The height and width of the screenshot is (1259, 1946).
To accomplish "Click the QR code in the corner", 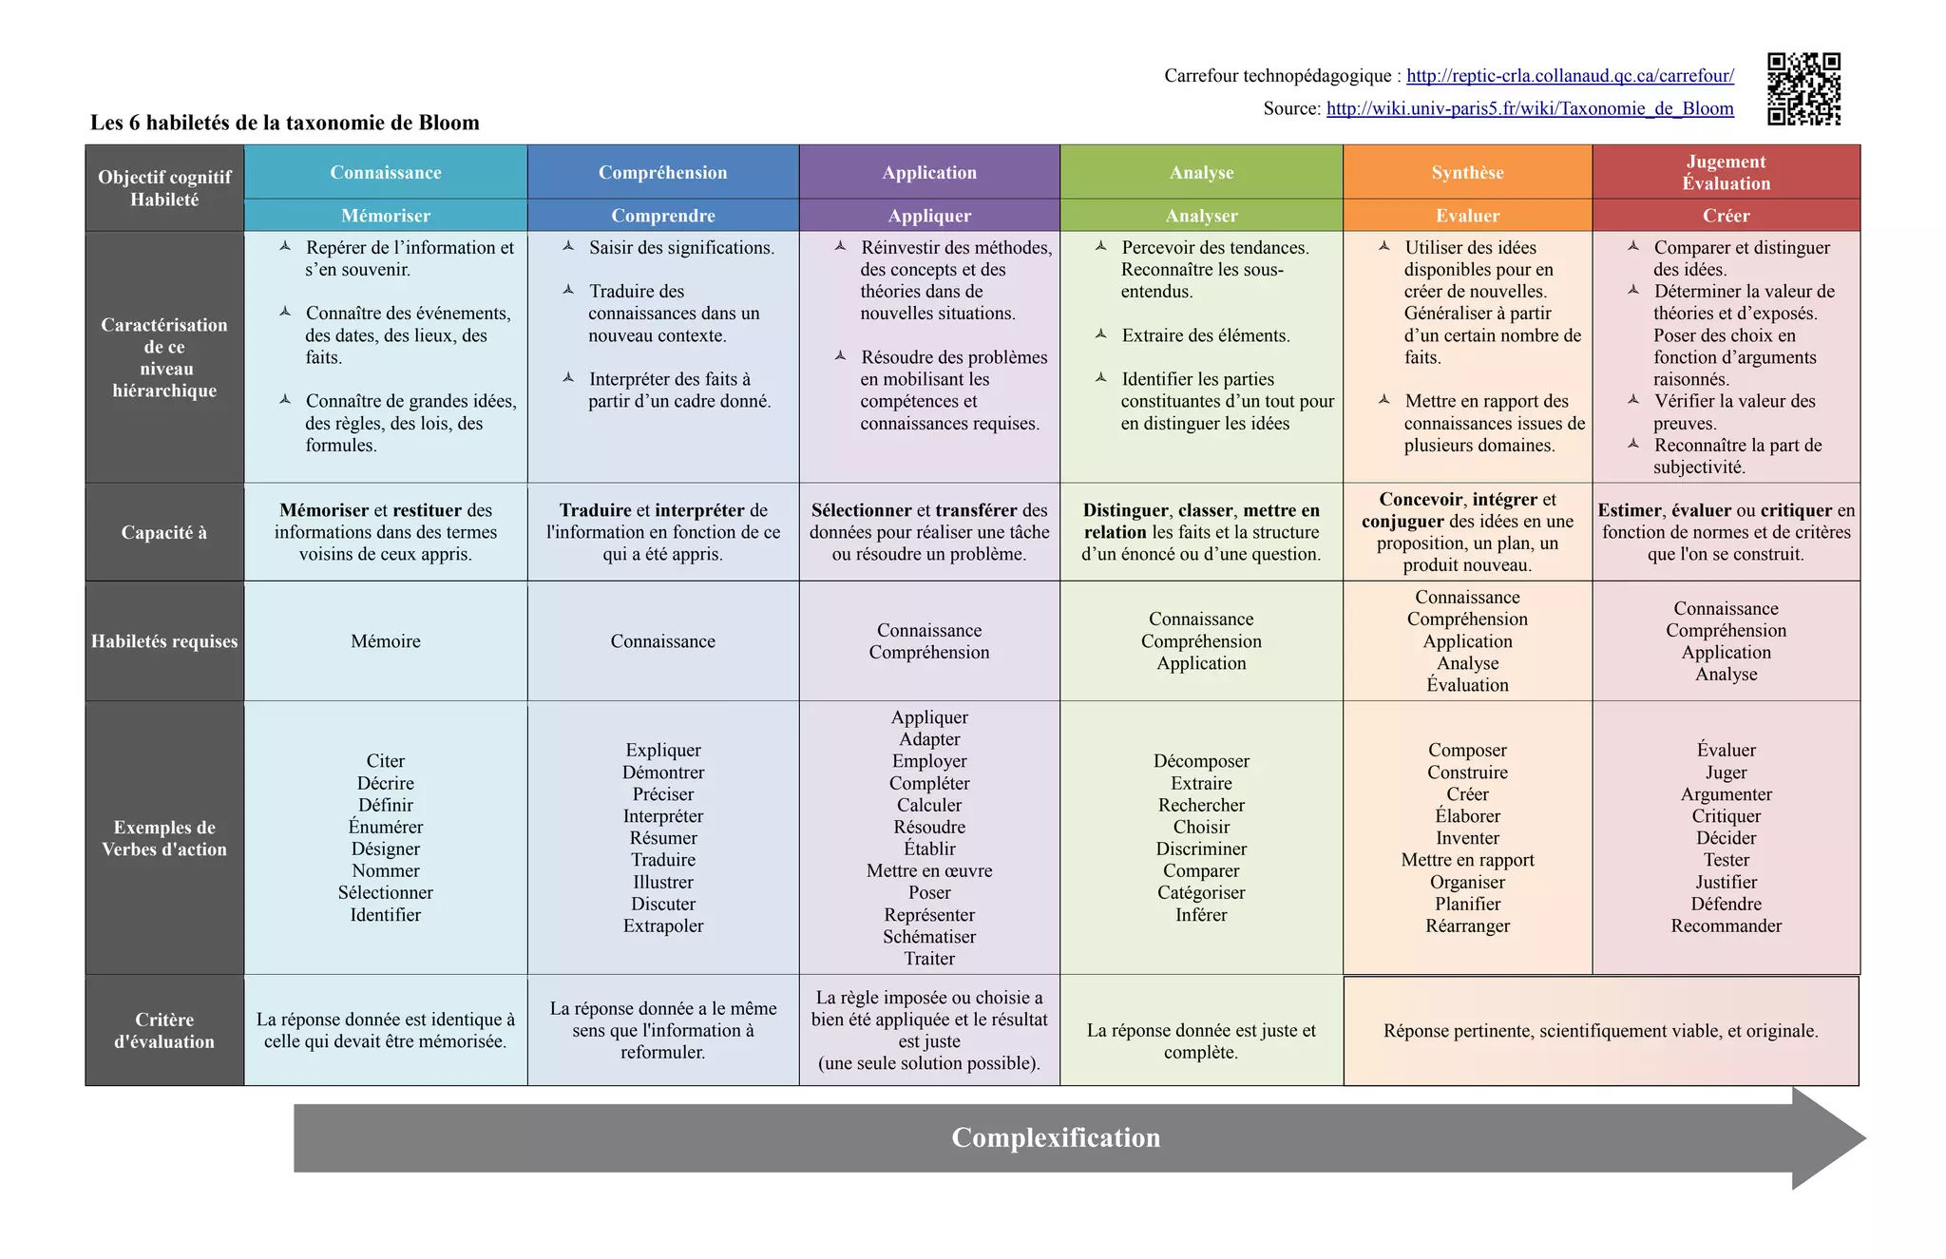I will [x=1803, y=89].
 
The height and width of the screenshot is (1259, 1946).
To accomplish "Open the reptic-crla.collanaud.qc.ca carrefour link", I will [x=1570, y=76].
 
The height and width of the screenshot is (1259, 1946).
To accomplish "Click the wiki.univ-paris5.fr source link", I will [x=1530, y=108].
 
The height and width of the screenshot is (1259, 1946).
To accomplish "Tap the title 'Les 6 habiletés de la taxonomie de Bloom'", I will [x=285, y=123].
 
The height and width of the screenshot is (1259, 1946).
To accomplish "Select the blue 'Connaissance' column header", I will [x=386, y=172].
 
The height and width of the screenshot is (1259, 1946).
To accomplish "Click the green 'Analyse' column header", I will [x=1201, y=172].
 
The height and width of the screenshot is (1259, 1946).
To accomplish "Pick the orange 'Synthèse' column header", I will [x=1467, y=172].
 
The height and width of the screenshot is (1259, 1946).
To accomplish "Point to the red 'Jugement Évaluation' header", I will [x=1726, y=172].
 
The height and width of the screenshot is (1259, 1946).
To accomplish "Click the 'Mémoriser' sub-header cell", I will [x=386, y=216].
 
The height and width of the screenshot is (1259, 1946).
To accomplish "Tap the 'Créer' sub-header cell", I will [x=1726, y=216].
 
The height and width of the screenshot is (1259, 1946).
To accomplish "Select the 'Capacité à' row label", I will [x=164, y=532].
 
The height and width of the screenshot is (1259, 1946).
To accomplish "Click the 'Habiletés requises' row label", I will [x=164, y=641].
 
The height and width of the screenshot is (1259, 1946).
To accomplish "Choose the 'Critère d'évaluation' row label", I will [x=164, y=1030].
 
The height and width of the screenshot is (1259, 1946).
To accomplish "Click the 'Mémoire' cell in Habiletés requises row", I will [x=386, y=641].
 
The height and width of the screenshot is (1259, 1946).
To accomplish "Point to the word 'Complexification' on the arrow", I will [x=1056, y=1137].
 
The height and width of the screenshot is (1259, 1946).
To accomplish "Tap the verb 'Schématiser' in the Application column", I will [x=929, y=937].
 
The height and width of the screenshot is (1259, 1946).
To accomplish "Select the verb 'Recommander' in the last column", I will [x=1726, y=925].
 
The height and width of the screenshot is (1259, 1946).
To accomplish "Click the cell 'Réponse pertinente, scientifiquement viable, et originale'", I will [x=1600, y=1031].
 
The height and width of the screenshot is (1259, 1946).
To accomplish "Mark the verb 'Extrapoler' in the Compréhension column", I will [x=663, y=925].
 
